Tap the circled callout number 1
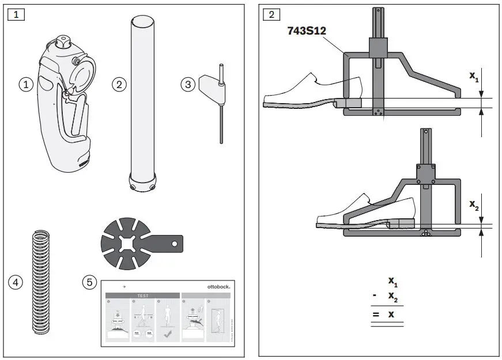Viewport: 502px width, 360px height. coord(25,84)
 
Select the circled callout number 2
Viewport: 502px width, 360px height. coord(119,84)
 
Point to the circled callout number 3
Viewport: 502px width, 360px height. coord(188,84)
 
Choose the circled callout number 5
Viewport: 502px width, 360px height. coord(89,282)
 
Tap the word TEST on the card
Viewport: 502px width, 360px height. coord(142,295)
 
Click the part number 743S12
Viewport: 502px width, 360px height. coord(307,31)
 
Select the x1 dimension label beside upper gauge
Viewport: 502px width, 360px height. coord(474,77)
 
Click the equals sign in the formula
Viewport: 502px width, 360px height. coord(375,314)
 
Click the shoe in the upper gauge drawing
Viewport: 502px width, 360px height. coord(311,92)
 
